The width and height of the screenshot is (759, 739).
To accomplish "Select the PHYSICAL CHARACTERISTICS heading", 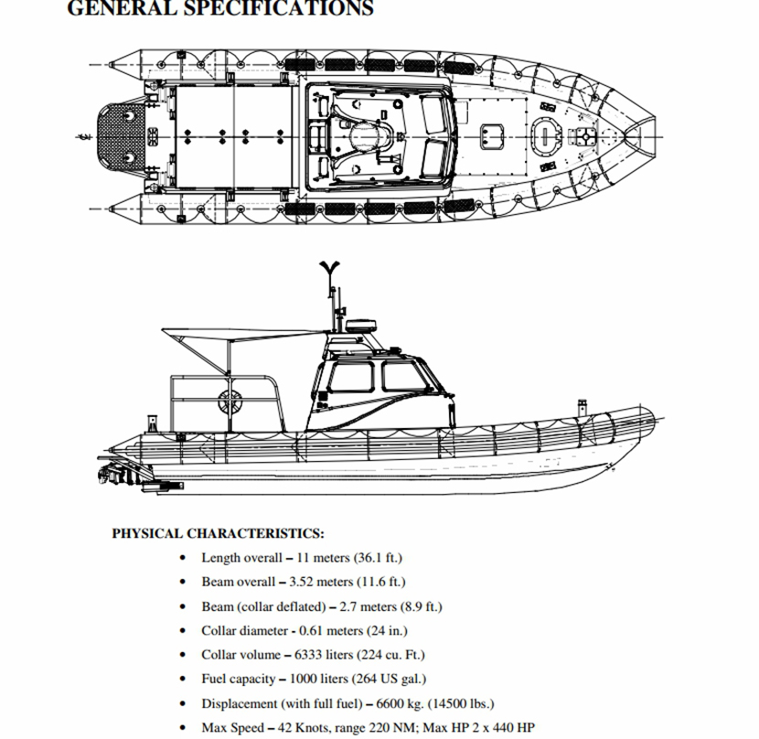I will (218, 533).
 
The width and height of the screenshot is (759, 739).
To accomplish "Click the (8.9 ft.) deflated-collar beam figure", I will (422, 606).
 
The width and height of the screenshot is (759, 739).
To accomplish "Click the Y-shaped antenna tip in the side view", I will (330, 268).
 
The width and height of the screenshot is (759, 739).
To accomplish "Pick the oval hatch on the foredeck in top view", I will (545, 136).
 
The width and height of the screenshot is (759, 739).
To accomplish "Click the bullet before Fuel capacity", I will (185, 680).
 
